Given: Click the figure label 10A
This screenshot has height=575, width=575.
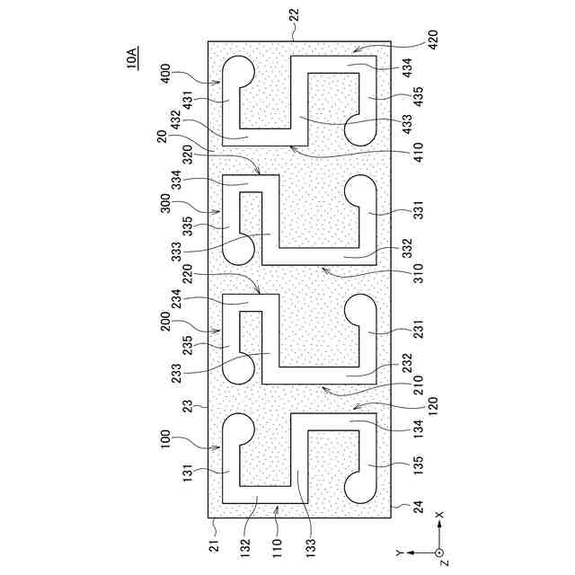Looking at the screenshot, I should pyautogui.click(x=132, y=60).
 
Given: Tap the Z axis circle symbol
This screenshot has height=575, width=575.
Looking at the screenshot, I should pyautogui.click(x=439, y=553).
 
